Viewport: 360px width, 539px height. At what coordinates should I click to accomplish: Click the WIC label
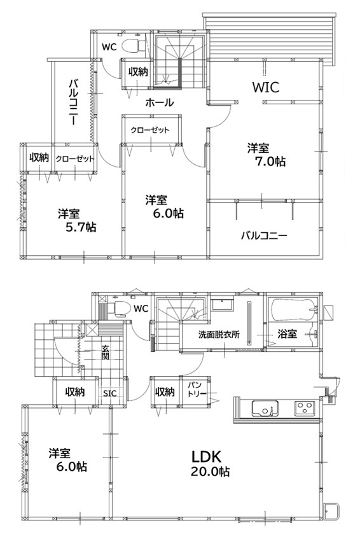pos(266,87)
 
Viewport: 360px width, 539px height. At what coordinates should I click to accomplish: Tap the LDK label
pos(207,456)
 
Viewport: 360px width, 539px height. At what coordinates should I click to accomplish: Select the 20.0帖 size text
pos(211,472)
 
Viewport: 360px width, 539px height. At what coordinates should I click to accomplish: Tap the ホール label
pos(160,102)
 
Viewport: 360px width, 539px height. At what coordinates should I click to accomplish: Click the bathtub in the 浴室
pos(294,307)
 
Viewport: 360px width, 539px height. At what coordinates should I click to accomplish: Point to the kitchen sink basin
pos(265,409)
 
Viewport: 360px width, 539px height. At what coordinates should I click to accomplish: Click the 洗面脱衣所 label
pos(219,334)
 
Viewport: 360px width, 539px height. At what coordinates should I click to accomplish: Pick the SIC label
pos(110,393)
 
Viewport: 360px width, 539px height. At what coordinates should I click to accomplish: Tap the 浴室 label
pos(287,333)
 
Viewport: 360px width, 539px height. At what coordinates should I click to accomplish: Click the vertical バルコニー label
pos(73,102)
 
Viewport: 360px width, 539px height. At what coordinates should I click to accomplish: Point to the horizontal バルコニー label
pos(263,236)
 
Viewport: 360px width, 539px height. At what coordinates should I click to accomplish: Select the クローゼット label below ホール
pos(149,130)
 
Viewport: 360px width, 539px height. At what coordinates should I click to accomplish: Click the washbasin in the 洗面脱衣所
pos(222,304)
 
